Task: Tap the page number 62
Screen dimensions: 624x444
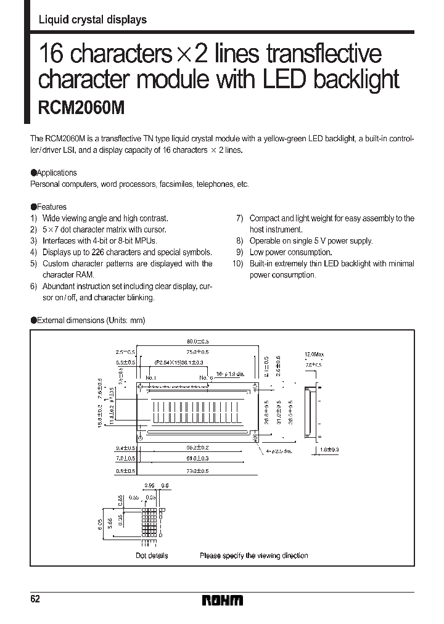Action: pos(35,599)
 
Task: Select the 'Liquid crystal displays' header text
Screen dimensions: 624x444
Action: pos(92,20)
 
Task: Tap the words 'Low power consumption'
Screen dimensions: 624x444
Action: pos(290,252)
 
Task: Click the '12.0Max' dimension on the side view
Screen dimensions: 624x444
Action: pos(314,355)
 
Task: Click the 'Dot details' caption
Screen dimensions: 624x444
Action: pos(152,556)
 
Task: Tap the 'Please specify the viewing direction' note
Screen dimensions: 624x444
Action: pos(253,556)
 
